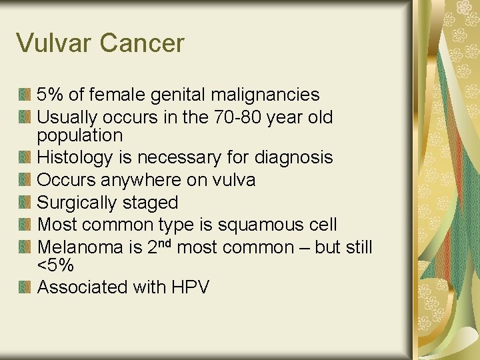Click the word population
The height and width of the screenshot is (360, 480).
point(80,136)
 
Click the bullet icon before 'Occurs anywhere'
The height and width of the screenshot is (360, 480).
point(25,180)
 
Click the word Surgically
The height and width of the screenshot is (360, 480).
point(79,203)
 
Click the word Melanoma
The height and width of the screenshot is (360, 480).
point(79,248)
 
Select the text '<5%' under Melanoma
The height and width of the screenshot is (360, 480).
point(55,266)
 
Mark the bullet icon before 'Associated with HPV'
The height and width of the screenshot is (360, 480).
point(25,287)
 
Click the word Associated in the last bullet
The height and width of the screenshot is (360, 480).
point(77,287)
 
